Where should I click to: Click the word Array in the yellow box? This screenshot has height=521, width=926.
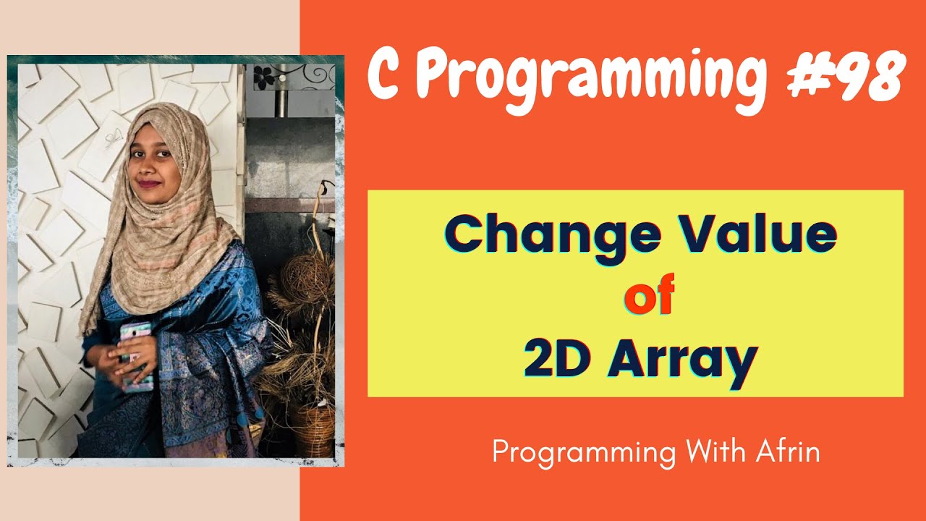[682, 362]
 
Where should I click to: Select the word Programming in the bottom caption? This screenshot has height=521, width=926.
[583, 454]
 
